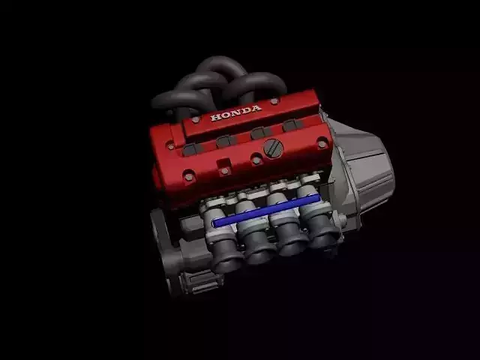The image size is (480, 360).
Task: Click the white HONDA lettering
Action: point(235,112)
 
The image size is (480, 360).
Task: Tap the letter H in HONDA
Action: point(215,118)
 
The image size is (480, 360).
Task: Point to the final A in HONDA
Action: point(256,108)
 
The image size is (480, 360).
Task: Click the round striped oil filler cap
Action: point(273,148)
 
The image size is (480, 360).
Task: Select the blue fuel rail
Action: point(267,210)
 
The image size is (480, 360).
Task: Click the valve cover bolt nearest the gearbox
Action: point(322,144)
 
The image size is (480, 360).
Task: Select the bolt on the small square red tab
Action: point(225,171)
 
